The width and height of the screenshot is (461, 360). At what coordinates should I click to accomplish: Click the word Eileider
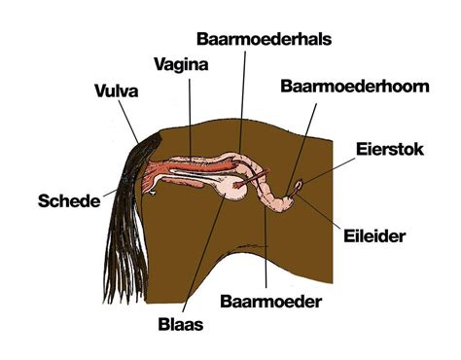point(373,234)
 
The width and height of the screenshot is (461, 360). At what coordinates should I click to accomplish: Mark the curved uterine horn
point(281,199)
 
